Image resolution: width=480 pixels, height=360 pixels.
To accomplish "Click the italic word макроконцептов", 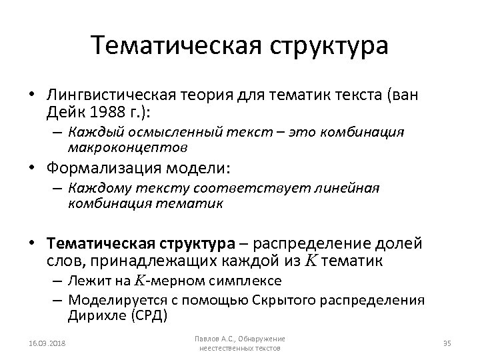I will pos(127,145).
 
